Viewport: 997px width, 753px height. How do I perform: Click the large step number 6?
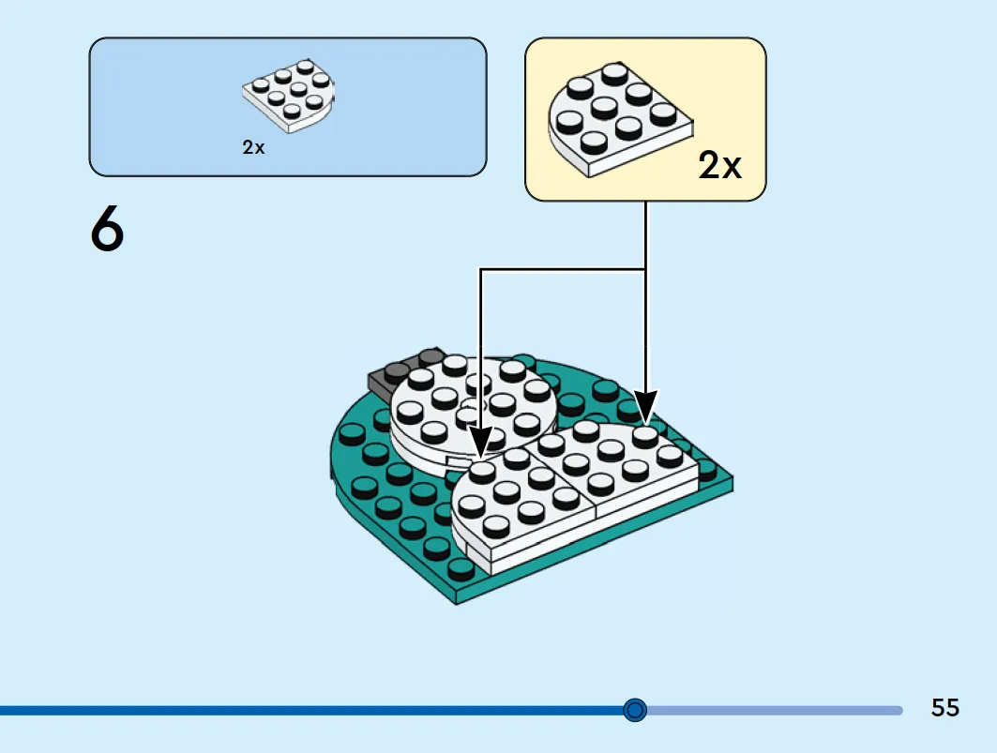pyautogui.click(x=107, y=228)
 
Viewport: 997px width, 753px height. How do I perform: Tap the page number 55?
pyautogui.click(x=944, y=708)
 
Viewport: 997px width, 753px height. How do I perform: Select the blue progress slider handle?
pyautogui.click(x=635, y=710)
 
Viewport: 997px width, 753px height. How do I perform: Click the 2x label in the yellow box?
pyautogui.click(x=719, y=165)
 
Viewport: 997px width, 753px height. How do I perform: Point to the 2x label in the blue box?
pyautogui.click(x=253, y=147)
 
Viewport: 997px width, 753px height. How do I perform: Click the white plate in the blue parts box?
pyautogui.click(x=289, y=96)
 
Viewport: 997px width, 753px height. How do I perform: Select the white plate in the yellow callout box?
pyautogui.click(x=620, y=119)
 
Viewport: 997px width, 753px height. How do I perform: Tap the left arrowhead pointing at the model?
pyautogui.click(x=481, y=442)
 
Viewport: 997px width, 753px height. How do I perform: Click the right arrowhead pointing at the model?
pyautogui.click(x=646, y=407)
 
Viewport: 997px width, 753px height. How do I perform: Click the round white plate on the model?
pyautogui.click(x=473, y=407)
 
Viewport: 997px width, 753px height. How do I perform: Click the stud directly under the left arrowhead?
pyautogui.click(x=482, y=472)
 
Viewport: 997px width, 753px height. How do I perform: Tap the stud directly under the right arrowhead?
pyautogui.click(x=645, y=437)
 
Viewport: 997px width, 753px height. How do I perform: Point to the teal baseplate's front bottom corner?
pyautogui.click(x=457, y=603)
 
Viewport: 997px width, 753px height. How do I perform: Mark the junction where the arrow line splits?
pyautogui.click(x=646, y=270)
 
